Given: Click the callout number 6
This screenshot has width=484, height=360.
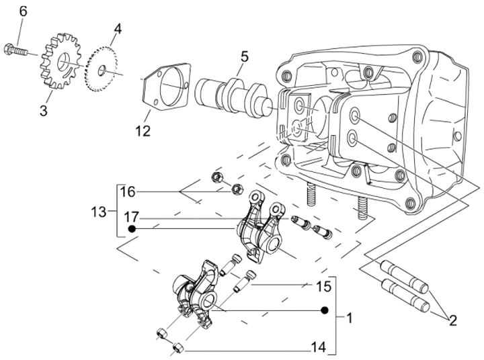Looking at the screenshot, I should [22, 11].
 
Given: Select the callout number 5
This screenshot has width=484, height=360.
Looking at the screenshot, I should [243, 56].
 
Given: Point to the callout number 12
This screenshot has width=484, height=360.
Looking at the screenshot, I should [143, 132].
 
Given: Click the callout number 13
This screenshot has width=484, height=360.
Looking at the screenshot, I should [98, 212].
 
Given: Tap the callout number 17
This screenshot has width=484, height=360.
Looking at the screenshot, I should [131, 216].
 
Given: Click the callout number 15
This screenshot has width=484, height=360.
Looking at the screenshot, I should [323, 287].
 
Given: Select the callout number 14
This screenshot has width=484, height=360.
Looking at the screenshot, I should [318, 347].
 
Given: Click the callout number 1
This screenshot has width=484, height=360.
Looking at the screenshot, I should [348, 316].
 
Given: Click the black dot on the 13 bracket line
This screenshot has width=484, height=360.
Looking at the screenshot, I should [132, 229].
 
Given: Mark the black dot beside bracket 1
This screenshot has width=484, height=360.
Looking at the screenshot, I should [324, 311].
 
